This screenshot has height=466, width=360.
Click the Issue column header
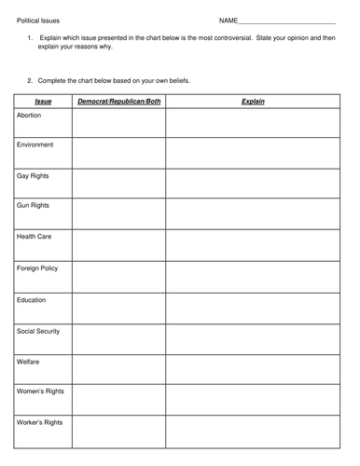pos(42,100)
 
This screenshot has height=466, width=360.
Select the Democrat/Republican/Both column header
pos(118,100)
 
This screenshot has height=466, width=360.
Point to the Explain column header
pos(253,100)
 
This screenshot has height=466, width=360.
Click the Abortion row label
pos(30,115)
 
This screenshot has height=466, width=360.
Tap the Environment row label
pos(35,144)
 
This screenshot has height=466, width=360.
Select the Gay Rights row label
pos(34,175)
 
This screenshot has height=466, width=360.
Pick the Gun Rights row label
pos(34,206)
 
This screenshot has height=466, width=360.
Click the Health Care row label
pos(35,237)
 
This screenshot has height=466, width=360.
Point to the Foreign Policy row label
pos(37,267)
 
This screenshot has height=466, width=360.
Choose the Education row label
pos(32,299)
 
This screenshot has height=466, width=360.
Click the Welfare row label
pos(29,361)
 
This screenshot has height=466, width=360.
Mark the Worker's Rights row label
pos(39,422)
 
